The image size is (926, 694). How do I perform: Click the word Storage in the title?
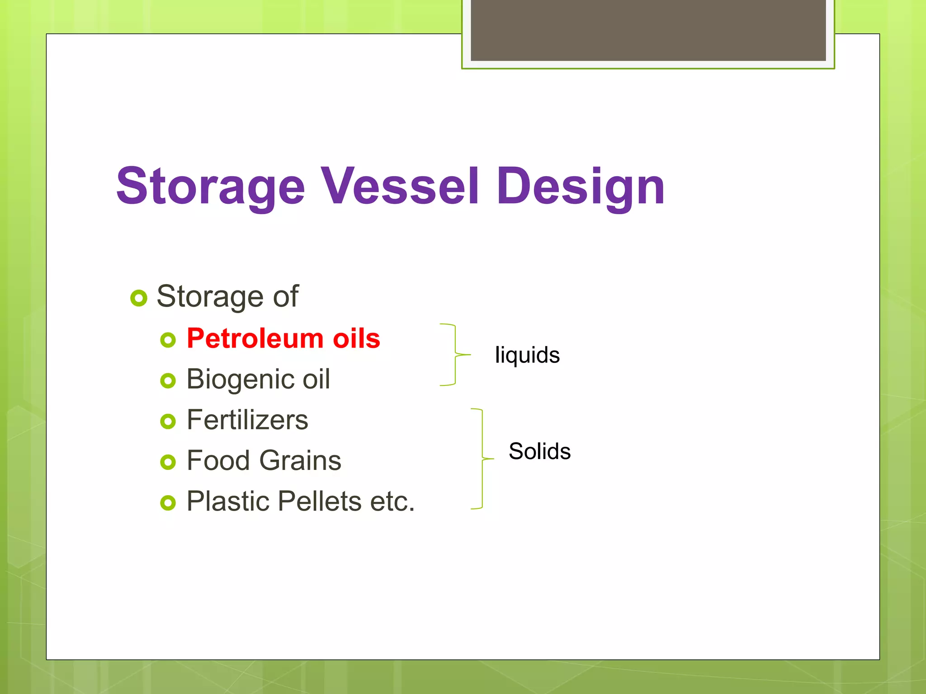211,186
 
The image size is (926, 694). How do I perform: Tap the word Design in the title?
581,186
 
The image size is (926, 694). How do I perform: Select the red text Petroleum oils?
283,338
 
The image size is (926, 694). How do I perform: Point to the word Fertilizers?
247,420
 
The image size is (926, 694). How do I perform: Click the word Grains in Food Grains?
300,460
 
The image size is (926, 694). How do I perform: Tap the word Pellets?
320,501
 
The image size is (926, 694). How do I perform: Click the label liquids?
527,355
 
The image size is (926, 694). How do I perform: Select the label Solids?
539,451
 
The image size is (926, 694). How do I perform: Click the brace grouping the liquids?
455,355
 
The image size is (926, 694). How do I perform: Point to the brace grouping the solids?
482,459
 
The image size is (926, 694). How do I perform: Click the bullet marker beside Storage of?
139,298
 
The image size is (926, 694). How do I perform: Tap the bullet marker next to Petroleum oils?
168,340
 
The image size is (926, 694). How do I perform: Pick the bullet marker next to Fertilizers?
168,422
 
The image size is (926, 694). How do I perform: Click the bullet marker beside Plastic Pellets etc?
168,503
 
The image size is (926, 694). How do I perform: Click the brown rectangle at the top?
648,30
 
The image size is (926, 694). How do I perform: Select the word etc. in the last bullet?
392,501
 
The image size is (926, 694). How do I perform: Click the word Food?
218,460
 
